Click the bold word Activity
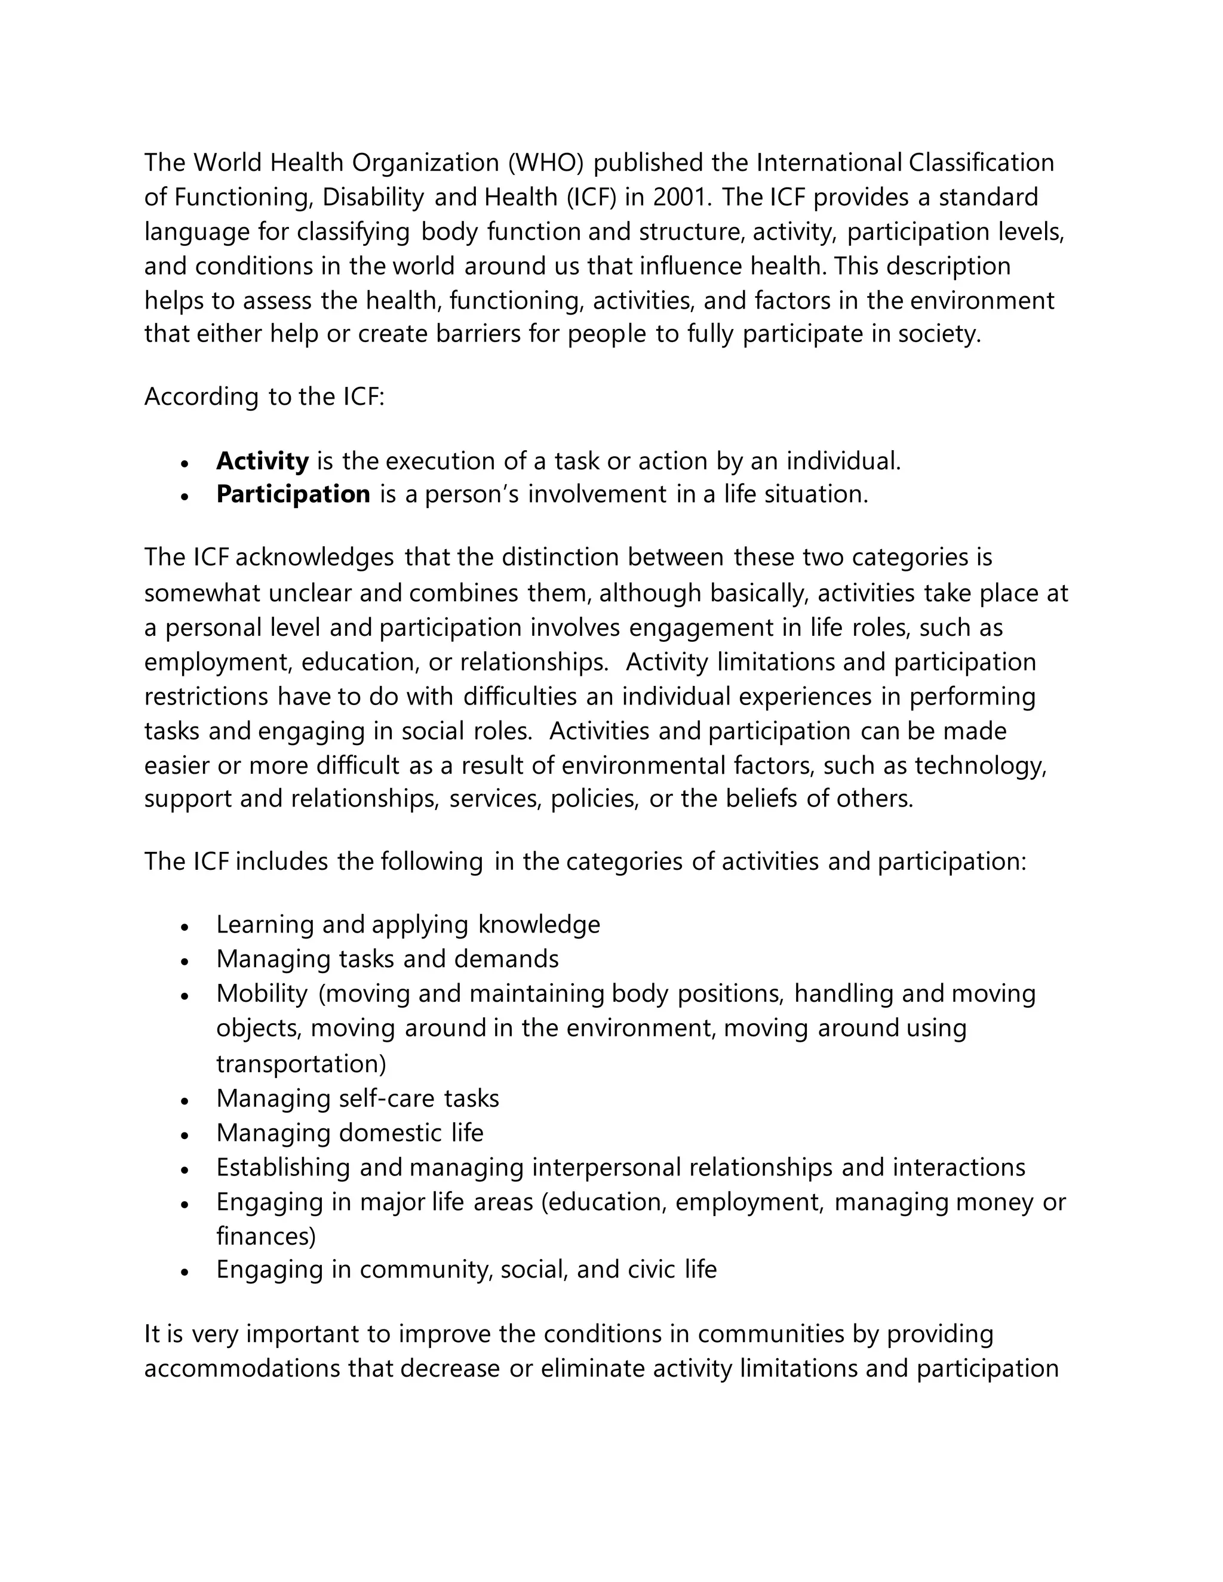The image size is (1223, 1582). click(262, 461)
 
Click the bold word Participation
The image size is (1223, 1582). click(293, 494)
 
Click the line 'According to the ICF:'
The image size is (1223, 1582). click(264, 397)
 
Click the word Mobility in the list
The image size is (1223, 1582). click(262, 993)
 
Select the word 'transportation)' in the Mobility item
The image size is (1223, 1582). click(301, 1063)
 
